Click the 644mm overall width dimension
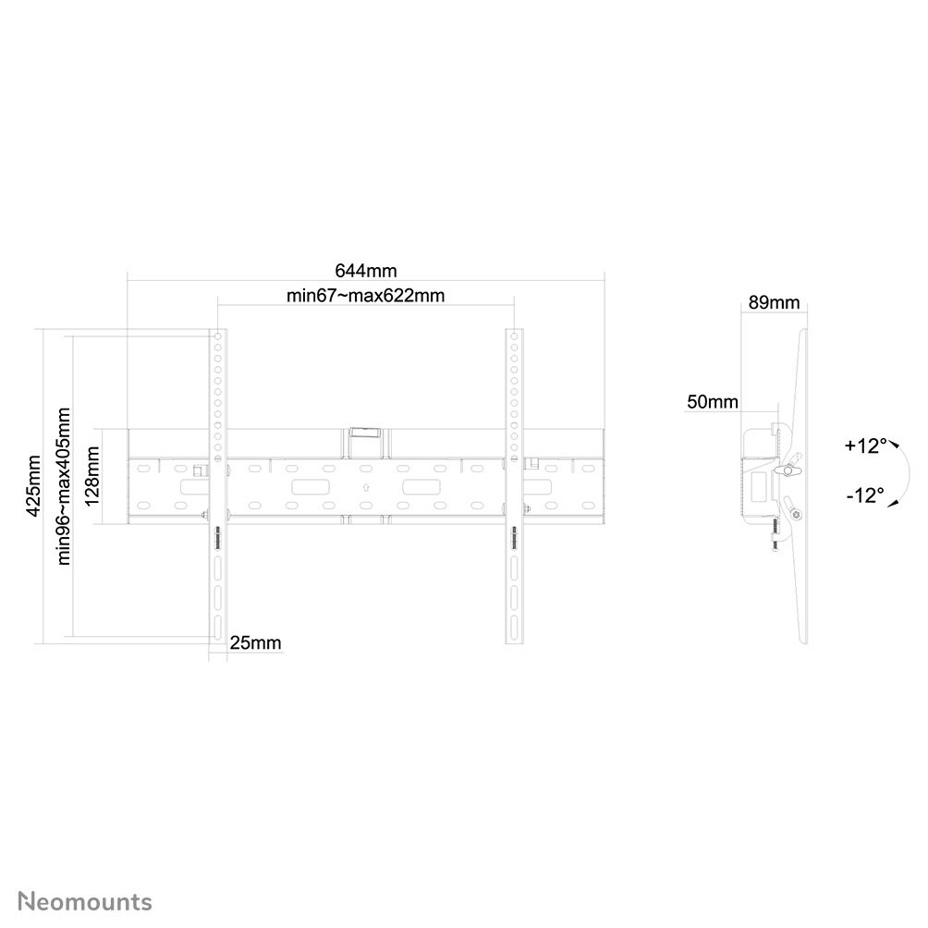click(x=366, y=271)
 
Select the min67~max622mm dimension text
click(x=365, y=296)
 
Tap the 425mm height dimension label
click(x=33, y=485)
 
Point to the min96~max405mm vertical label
click(x=63, y=486)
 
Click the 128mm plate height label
click(x=92, y=476)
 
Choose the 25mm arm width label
click(x=255, y=642)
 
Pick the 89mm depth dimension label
click(x=774, y=302)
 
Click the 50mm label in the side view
click(x=712, y=402)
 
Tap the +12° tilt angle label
click(x=866, y=446)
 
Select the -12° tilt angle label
click(x=864, y=495)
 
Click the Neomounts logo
click(x=85, y=902)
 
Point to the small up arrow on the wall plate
click(x=366, y=488)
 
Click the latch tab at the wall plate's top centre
click(x=366, y=433)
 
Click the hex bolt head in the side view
click(x=797, y=515)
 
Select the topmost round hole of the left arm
click(x=218, y=336)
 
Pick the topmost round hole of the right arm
click(x=514, y=336)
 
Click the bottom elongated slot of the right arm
click(x=514, y=626)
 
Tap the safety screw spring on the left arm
click(x=218, y=537)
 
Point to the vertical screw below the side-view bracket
click(x=775, y=534)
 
